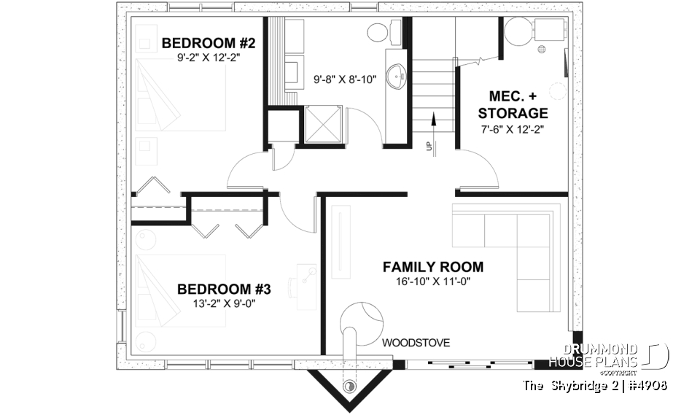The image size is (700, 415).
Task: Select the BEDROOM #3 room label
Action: point(224,290)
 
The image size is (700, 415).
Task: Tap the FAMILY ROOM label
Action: point(433,267)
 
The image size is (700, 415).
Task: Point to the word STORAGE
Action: point(513,113)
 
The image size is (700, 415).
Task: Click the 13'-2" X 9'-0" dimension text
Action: point(224,304)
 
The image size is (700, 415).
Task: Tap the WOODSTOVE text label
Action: point(416,342)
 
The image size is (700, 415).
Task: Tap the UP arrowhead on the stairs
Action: point(433,115)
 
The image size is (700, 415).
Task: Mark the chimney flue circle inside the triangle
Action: point(350,385)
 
